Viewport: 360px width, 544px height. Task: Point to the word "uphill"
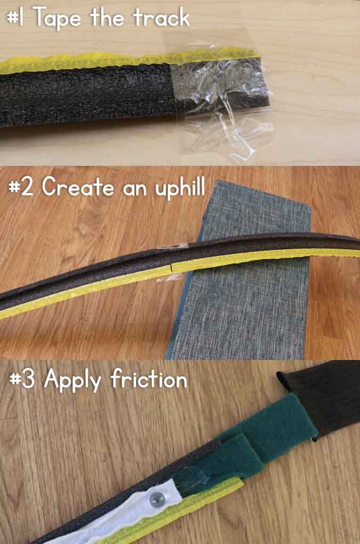[178, 188]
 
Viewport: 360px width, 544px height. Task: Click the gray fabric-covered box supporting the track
[251, 309]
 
